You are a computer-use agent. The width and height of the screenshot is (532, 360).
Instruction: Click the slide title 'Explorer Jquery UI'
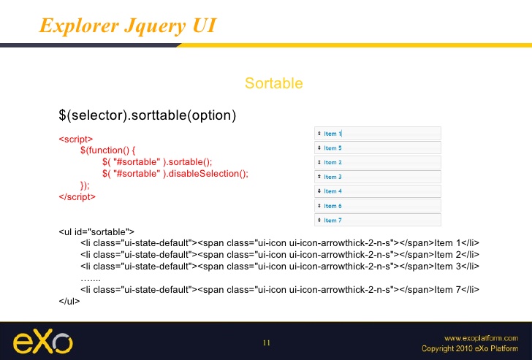coord(128,26)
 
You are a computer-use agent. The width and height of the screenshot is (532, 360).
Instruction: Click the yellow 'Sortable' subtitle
coord(274,83)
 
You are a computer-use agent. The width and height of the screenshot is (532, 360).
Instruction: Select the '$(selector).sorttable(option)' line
coord(148,115)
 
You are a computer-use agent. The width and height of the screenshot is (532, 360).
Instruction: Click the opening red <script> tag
coord(76,139)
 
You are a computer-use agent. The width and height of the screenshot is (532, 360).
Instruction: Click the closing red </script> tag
coord(77,196)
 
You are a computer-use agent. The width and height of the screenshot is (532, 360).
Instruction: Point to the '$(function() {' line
coord(108,150)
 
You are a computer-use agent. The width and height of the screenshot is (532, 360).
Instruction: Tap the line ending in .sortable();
coord(157,161)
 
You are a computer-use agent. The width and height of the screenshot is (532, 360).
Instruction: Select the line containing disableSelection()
coord(175,174)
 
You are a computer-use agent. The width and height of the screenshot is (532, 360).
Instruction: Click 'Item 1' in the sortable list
coord(332,134)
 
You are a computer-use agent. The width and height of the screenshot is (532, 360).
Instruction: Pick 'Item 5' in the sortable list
coord(332,148)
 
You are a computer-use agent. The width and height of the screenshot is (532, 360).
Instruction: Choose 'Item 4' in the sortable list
coord(332,191)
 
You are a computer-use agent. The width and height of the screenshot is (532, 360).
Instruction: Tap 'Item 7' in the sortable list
coord(332,221)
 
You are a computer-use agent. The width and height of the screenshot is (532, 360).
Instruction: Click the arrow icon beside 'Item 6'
coord(319,205)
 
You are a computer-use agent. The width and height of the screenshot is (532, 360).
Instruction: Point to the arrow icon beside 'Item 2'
coord(319,162)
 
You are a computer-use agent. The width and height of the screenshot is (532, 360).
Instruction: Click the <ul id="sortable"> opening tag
coord(96,232)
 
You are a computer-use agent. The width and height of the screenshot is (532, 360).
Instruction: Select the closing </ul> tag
coord(69,301)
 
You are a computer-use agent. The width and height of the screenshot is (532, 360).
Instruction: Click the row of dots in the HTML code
coord(91,280)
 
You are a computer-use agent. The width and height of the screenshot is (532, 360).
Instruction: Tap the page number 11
coord(267,342)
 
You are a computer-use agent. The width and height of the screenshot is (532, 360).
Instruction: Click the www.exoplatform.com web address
coord(481,338)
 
